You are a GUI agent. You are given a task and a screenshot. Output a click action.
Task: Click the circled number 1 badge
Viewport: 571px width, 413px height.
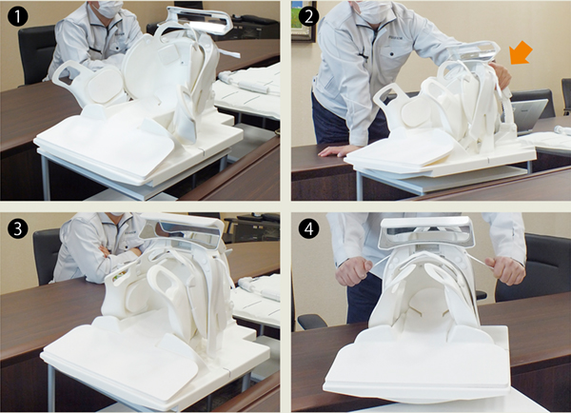coord(17,17)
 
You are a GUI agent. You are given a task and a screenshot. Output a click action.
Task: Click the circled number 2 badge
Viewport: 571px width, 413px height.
coord(308,17)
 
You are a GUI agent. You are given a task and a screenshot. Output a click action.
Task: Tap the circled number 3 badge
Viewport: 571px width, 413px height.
coord(17,229)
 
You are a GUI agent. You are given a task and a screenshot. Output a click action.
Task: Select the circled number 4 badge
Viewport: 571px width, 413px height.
coord(308,229)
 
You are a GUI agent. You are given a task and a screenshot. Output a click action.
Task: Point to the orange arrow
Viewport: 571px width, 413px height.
coord(521,53)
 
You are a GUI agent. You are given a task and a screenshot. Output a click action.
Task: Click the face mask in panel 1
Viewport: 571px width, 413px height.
coord(108,9)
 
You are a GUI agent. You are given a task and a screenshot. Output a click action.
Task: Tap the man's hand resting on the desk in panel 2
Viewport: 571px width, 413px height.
coord(334,150)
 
